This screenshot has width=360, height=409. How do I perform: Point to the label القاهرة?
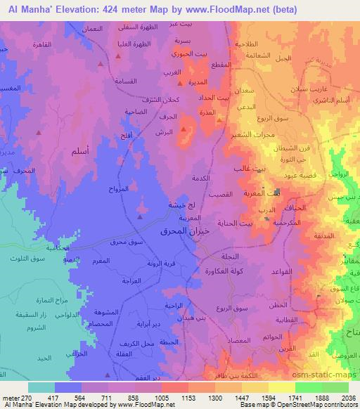35,54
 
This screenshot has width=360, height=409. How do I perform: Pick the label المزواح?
118,189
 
